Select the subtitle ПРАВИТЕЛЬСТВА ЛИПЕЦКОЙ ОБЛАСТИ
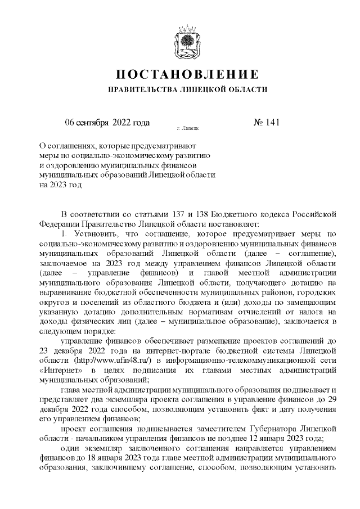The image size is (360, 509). pos(187,89)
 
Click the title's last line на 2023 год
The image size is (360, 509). pos(60,184)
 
